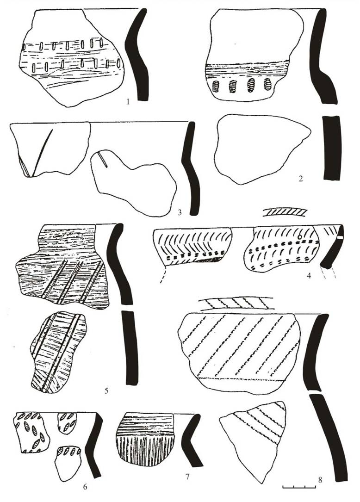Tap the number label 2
300,179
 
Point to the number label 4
309,274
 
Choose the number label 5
106,390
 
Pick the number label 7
187,477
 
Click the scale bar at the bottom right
299,487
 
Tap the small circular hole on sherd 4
299,237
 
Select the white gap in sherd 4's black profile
340,237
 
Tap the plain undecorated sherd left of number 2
261,148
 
